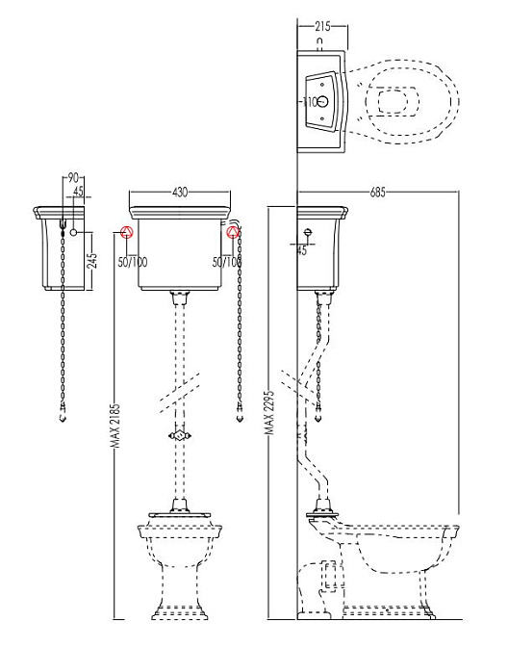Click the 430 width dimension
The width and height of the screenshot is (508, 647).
click(180, 192)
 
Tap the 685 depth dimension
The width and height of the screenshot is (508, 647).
click(378, 192)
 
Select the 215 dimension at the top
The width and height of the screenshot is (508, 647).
click(322, 26)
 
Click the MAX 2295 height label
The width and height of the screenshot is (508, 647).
click(270, 413)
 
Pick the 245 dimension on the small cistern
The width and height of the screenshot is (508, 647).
click(92, 260)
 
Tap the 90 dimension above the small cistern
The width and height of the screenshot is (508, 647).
click(73, 178)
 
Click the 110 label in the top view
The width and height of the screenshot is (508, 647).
click(310, 101)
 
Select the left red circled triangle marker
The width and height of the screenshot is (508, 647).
click(127, 232)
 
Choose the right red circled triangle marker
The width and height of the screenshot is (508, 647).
click(234, 232)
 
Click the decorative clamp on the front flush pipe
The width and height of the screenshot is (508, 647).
click(179, 436)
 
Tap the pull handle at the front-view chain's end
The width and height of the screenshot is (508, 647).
click(240, 414)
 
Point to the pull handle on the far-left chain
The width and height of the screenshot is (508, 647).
click(63, 414)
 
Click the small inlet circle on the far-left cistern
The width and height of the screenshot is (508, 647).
click(74, 232)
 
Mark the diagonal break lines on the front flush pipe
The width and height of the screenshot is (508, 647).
click(179, 392)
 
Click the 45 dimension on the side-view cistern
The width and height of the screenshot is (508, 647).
click(302, 250)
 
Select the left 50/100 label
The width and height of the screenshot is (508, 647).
click(133, 262)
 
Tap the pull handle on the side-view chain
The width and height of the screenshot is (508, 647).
click(317, 414)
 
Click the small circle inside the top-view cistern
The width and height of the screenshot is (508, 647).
click(324, 101)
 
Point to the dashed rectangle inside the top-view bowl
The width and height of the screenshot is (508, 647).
click(398, 101)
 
